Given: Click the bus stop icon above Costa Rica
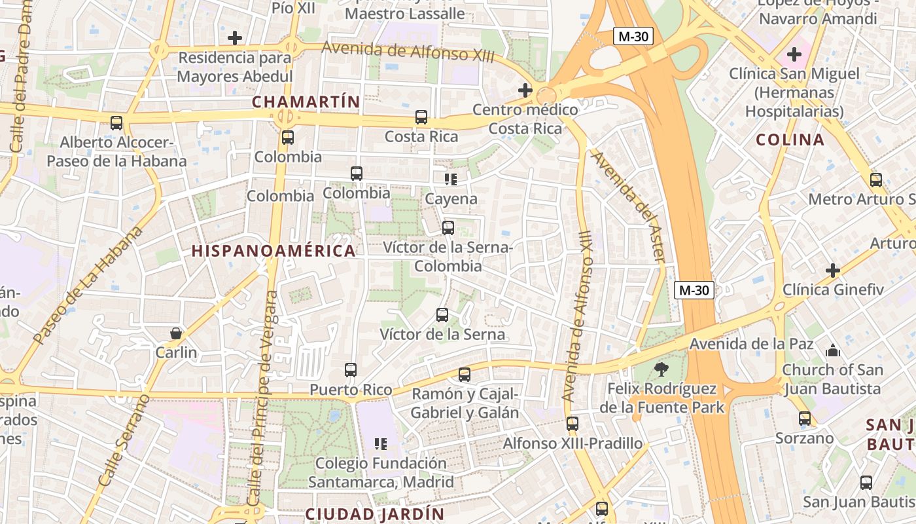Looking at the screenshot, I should [x=421, y=117].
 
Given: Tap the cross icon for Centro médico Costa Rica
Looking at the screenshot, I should [x=525, y=90].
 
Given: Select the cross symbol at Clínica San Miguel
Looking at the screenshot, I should [x=794, y=54].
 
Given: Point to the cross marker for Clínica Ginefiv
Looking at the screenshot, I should [x=833, y=270].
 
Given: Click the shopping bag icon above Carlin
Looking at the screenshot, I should [x=176, y=333].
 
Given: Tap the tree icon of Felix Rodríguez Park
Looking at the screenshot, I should [x=661, y=369].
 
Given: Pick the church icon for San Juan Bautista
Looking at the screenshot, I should [x=832, y=350].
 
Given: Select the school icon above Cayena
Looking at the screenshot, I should [x=451, y=179].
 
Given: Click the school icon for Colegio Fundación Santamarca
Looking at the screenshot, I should [x=381, y=444].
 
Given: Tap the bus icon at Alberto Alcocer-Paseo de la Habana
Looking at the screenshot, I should [x=116, y=122].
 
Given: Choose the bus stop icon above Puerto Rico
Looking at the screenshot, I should [x=351, y=370].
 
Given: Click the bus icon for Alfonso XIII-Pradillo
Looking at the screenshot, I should [x=572, y=424].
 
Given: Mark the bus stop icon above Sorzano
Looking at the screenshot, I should [x=805, y=419].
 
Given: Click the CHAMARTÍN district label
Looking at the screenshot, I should [x=306, y=102].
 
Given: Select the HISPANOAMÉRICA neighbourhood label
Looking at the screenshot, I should [x=273, y=250].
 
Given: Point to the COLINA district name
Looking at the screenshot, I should [x=790, y=140].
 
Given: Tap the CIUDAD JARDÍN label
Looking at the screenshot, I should [x=375, y=514].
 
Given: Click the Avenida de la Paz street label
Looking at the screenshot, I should [x=752, y=344].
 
